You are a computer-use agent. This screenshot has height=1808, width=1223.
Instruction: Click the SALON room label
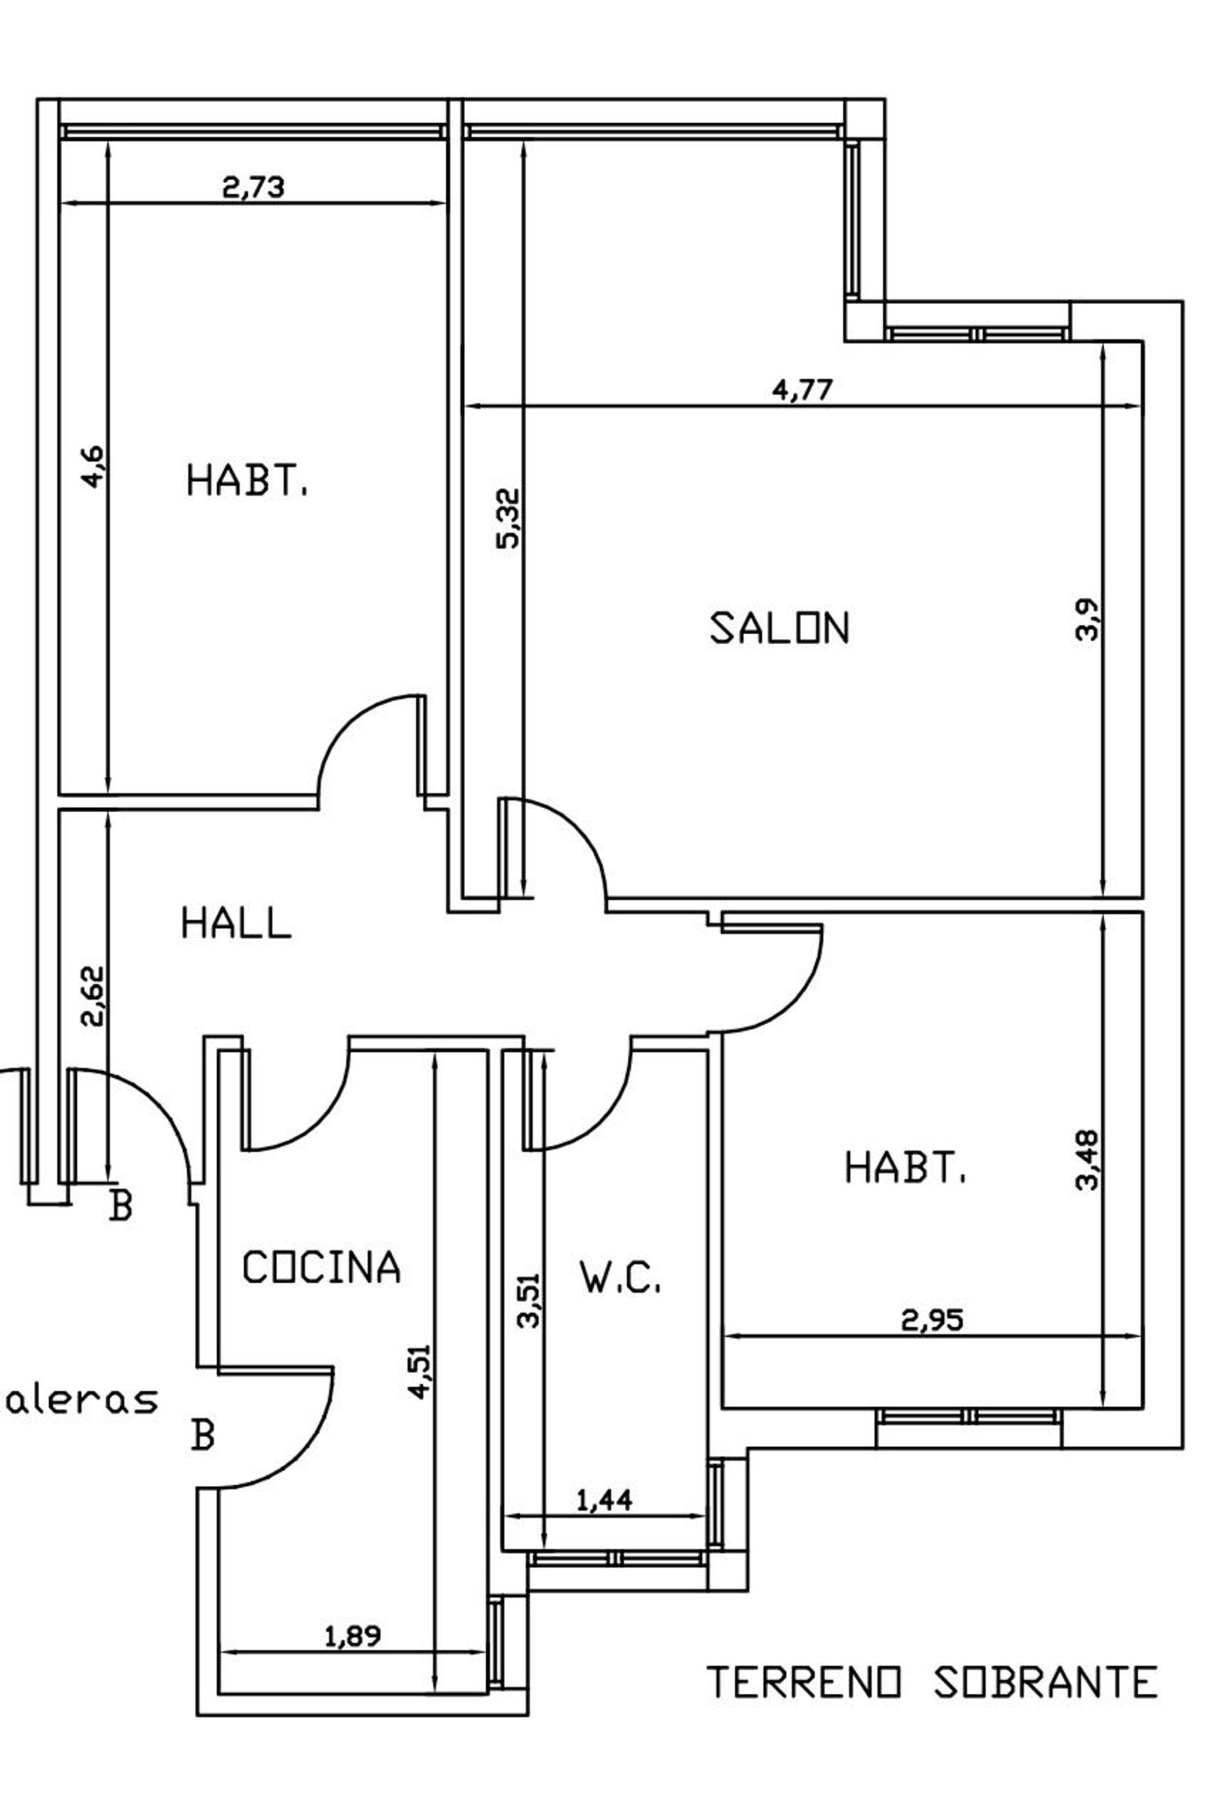(x=779, y=628)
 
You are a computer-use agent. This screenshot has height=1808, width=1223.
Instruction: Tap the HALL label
(x=236, y=924)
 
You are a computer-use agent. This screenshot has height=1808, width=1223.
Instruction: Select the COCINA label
(x=322, y=1268)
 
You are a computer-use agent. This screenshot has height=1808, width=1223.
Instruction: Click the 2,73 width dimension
(x=254, y=187)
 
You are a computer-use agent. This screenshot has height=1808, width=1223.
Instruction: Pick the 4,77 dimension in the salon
(x=803, y=390)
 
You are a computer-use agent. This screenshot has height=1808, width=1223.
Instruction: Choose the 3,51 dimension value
(x=531, y=1301)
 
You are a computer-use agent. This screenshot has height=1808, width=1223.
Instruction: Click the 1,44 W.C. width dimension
(x=604, y=1500)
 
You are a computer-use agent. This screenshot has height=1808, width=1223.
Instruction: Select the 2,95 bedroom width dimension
(x=932, y=1320)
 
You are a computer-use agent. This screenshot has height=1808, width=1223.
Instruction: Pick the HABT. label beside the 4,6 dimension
(x=247, y=480)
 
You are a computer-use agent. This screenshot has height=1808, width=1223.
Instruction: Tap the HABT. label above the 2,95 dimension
(x=904, y=1167)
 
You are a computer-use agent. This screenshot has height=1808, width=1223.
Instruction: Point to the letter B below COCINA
(x=202, y=1435)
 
